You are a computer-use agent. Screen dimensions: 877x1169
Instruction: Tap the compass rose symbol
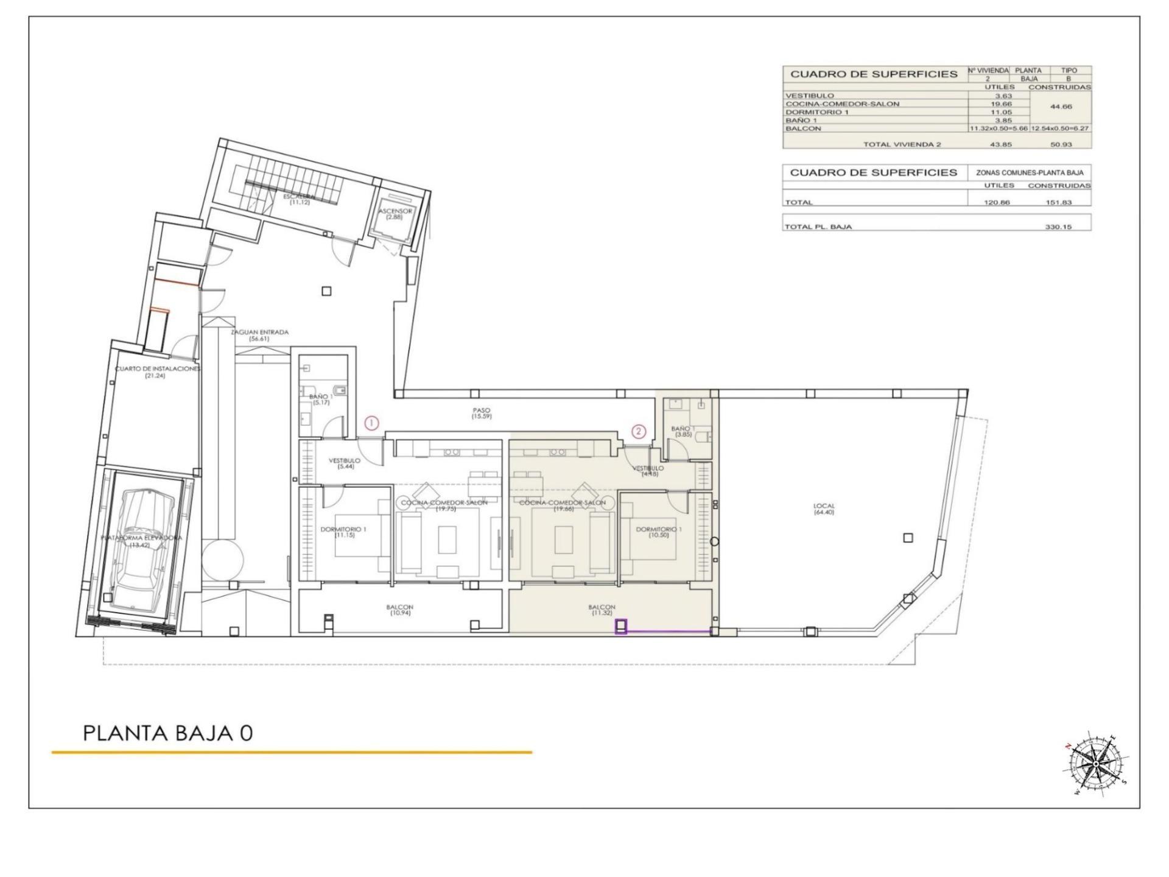pyautogui.click(x=1096, y=764)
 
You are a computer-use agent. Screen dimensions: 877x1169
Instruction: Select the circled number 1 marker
pyautogui.click(x=371, y=423)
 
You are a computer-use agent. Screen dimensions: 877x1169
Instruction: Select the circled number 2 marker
pyautogui.click(x=638, y=431)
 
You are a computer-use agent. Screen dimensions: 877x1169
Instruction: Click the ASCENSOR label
pyautogui.click(x=395, y=214)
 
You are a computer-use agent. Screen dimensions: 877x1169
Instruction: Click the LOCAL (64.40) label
pyautogui.click(x=824, y=509)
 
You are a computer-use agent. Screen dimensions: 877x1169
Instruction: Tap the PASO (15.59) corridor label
pyautogui.click(x=481, y=414)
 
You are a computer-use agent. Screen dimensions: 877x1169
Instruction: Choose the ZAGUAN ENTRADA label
pyautogui.click(x=259, y=336)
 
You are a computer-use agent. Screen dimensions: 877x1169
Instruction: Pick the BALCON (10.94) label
pyautogui.click(x=399, y=610)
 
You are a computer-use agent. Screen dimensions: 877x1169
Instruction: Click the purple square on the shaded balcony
pyautogui.click(x=621, y=627)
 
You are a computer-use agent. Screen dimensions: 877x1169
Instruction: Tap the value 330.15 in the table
pyautogui.click(x=1059, y=227)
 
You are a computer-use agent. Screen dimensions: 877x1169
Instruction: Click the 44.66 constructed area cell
pyautogui.click(x=1061, y=107)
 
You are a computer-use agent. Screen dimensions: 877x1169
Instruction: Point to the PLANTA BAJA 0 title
pyautogui.click(x=167, y=733)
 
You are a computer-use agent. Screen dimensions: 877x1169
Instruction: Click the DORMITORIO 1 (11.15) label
pyautogui.click(x=344, y=532)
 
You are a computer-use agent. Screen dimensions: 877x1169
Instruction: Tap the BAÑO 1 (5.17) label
pyautogui.click(x=320, y=400)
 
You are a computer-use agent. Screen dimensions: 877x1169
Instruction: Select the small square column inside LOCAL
pyautogui.click(x=908, y=538)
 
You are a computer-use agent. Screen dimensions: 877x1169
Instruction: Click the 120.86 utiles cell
pyautogui.click(x=996, y=202)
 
